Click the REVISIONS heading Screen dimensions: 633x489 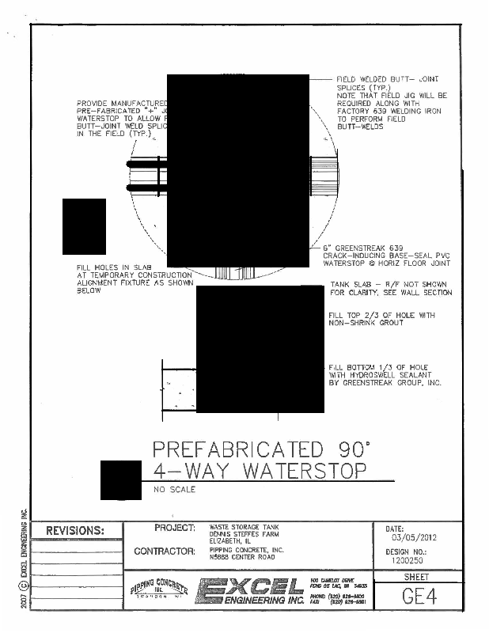75,530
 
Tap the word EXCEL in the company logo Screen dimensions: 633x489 251,586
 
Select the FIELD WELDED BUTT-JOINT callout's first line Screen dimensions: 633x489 387,80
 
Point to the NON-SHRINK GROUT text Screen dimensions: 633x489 369,322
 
